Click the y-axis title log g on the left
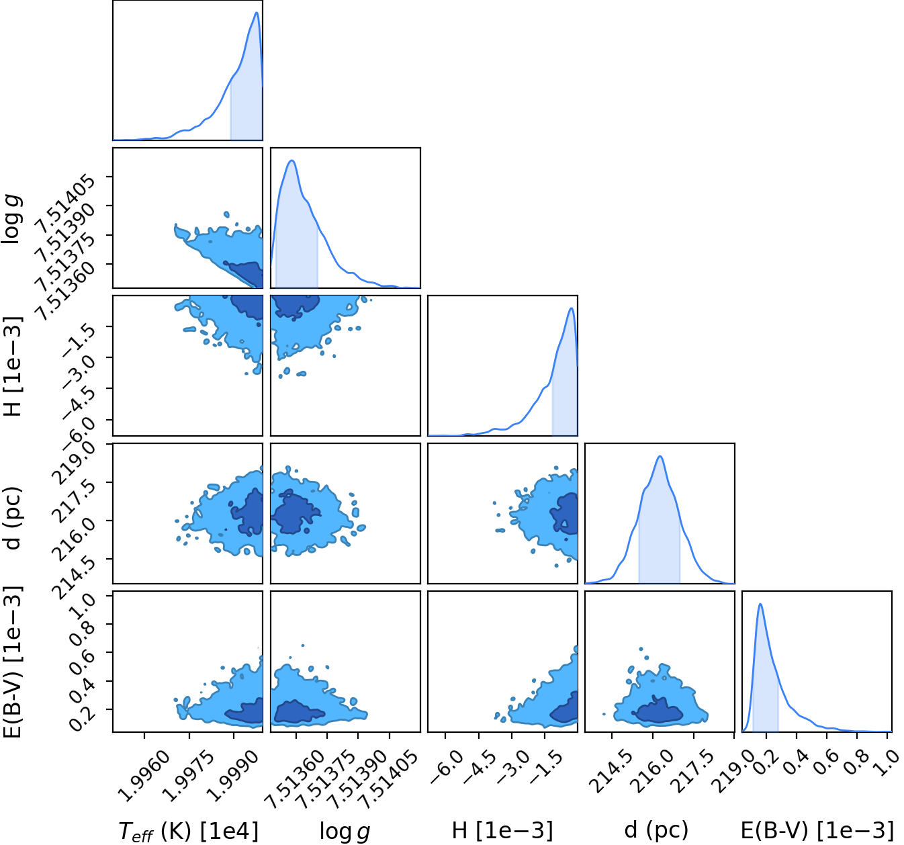pos(12,218)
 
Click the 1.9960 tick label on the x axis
pos(144,776)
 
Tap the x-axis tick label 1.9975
pos(189,776)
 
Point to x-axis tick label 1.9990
pos(233,776)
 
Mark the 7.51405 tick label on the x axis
pos(387,780)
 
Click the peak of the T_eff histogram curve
pos(257,12)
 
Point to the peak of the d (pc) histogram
pos(660,456)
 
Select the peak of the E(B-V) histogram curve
pos(760,604)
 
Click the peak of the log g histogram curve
pos(292,161)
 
